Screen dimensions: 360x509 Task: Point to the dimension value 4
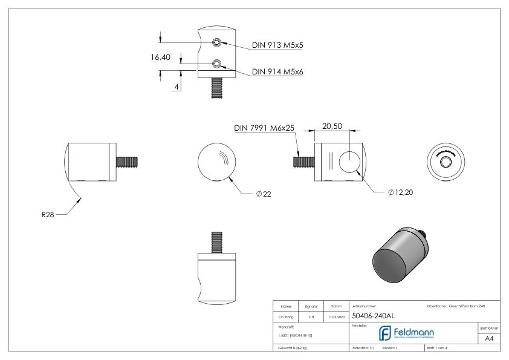176,87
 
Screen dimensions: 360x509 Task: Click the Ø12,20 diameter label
397,192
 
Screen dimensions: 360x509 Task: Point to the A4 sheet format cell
490,338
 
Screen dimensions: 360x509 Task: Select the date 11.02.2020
336,315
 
